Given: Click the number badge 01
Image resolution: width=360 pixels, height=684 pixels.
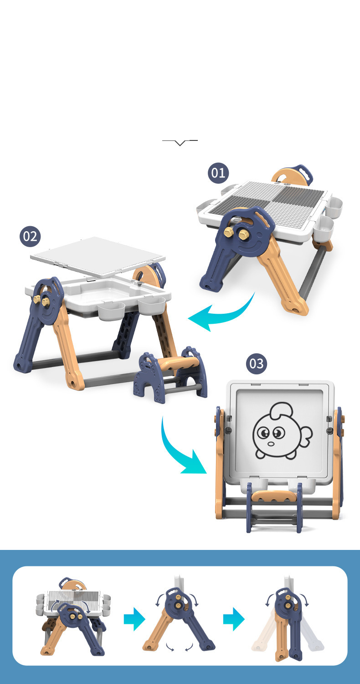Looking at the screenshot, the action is click(x=218, y=173).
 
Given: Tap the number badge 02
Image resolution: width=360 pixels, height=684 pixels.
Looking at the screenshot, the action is click(x=30, y=236).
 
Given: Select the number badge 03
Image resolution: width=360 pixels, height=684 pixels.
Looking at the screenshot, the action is click(x=256, y=364).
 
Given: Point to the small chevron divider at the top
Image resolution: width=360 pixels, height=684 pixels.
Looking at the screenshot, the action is click(x=180, y=142).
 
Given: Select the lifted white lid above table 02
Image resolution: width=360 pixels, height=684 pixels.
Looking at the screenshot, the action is click(x=98, y=256).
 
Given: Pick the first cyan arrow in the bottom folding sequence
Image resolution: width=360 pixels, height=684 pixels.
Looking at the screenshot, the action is click(x=134, y=619).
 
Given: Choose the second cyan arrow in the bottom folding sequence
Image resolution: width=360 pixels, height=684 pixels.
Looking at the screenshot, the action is click(x=234, y=619).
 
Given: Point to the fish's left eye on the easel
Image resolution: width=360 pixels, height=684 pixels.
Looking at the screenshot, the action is click(x=263, y=433).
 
